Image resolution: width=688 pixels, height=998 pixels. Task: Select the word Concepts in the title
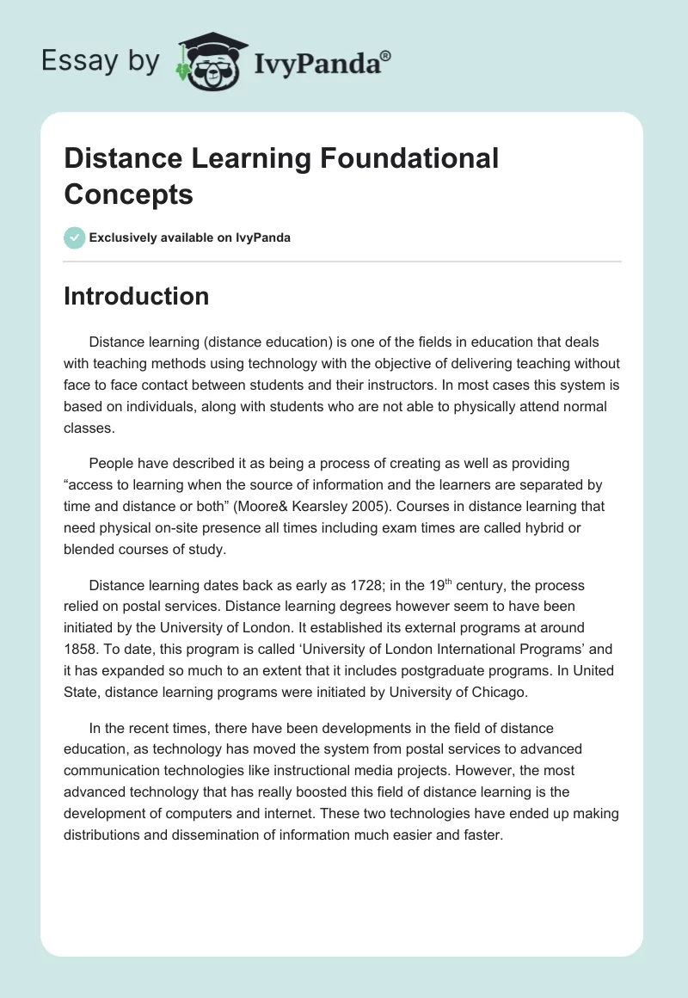pyautogui.click(x=128, y=194)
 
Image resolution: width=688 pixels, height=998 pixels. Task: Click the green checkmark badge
pyautogui.click(x=75, y=237)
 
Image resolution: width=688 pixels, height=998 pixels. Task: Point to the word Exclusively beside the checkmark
pyautogui.click(x=126, y=237)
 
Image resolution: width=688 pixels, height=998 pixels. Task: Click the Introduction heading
pyautogui.click(x=136, y=296)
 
